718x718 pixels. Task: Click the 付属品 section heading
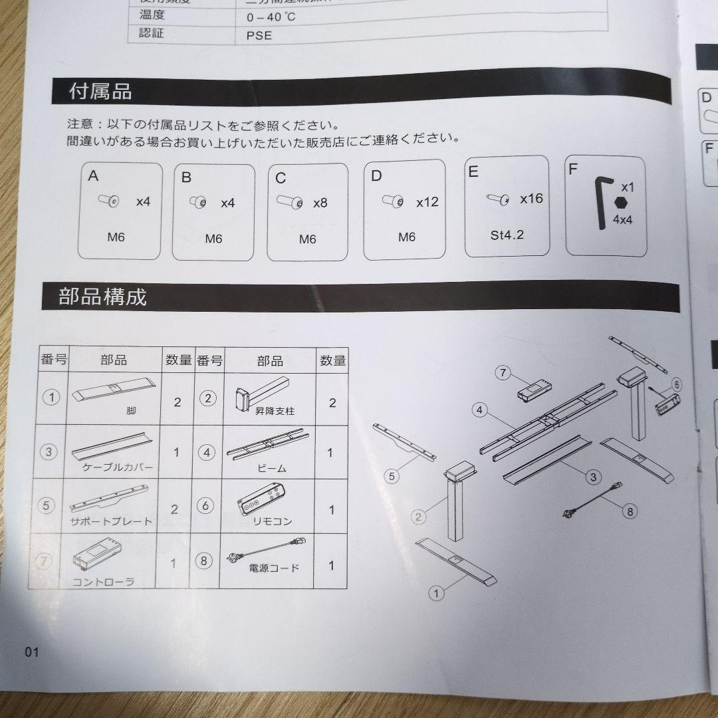[100, 91]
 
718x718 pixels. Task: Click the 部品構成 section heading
[102, 297]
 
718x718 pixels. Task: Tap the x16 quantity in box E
[531, 198]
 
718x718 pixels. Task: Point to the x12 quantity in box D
[427, 201]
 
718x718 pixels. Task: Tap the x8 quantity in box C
[320, 203]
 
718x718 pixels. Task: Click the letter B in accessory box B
[186, 178]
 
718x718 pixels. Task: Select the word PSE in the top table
[259, 35]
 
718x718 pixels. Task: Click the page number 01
[32, 652]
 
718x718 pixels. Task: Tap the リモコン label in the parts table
[269, 522]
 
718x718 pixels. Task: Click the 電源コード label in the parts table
[274, 568]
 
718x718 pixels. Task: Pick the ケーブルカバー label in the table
[118, 467]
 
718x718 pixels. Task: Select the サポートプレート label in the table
[111, 522]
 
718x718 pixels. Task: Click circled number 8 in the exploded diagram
[630, 511]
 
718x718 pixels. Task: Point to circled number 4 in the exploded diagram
[479, 410]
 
